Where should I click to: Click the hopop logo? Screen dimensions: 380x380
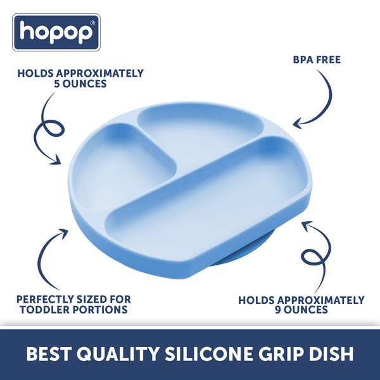tap(57, 32)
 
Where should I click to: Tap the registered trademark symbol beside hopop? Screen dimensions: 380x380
tap(92, 23)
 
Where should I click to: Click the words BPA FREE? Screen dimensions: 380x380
tap(317, 60)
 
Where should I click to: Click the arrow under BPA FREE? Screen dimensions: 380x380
tap(315, 101)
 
